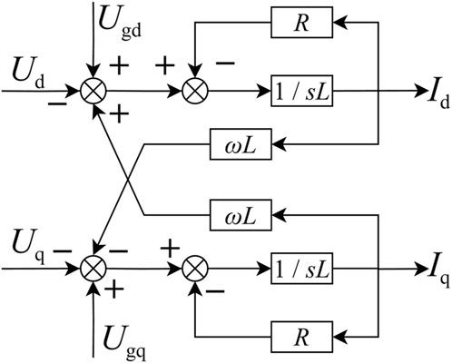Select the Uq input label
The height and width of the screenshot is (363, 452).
pos(28,244)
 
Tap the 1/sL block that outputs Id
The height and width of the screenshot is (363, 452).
pos(300,92)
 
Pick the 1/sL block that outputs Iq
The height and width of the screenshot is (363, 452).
pos(300,270)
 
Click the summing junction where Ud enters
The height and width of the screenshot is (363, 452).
pos(93,92)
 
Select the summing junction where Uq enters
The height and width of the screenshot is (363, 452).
pos(93,270)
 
